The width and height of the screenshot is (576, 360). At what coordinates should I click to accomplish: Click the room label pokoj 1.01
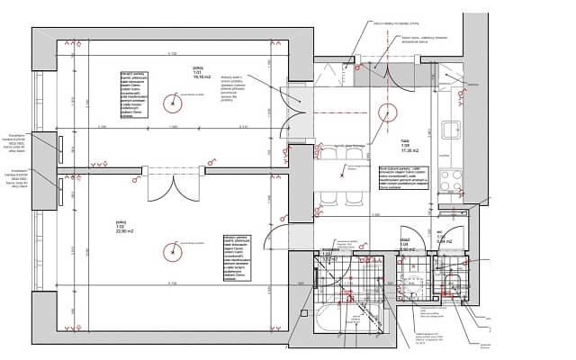click(198, 72)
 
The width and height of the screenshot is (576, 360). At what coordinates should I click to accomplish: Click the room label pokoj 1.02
click(122, 226)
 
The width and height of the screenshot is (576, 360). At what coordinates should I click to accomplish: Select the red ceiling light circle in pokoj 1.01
click(172, 103)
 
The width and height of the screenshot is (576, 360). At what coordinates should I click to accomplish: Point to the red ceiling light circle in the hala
click(387, 112)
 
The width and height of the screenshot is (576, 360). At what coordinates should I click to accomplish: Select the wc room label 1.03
click(443, 239)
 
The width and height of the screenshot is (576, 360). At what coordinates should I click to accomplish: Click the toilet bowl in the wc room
click(454, 287)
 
